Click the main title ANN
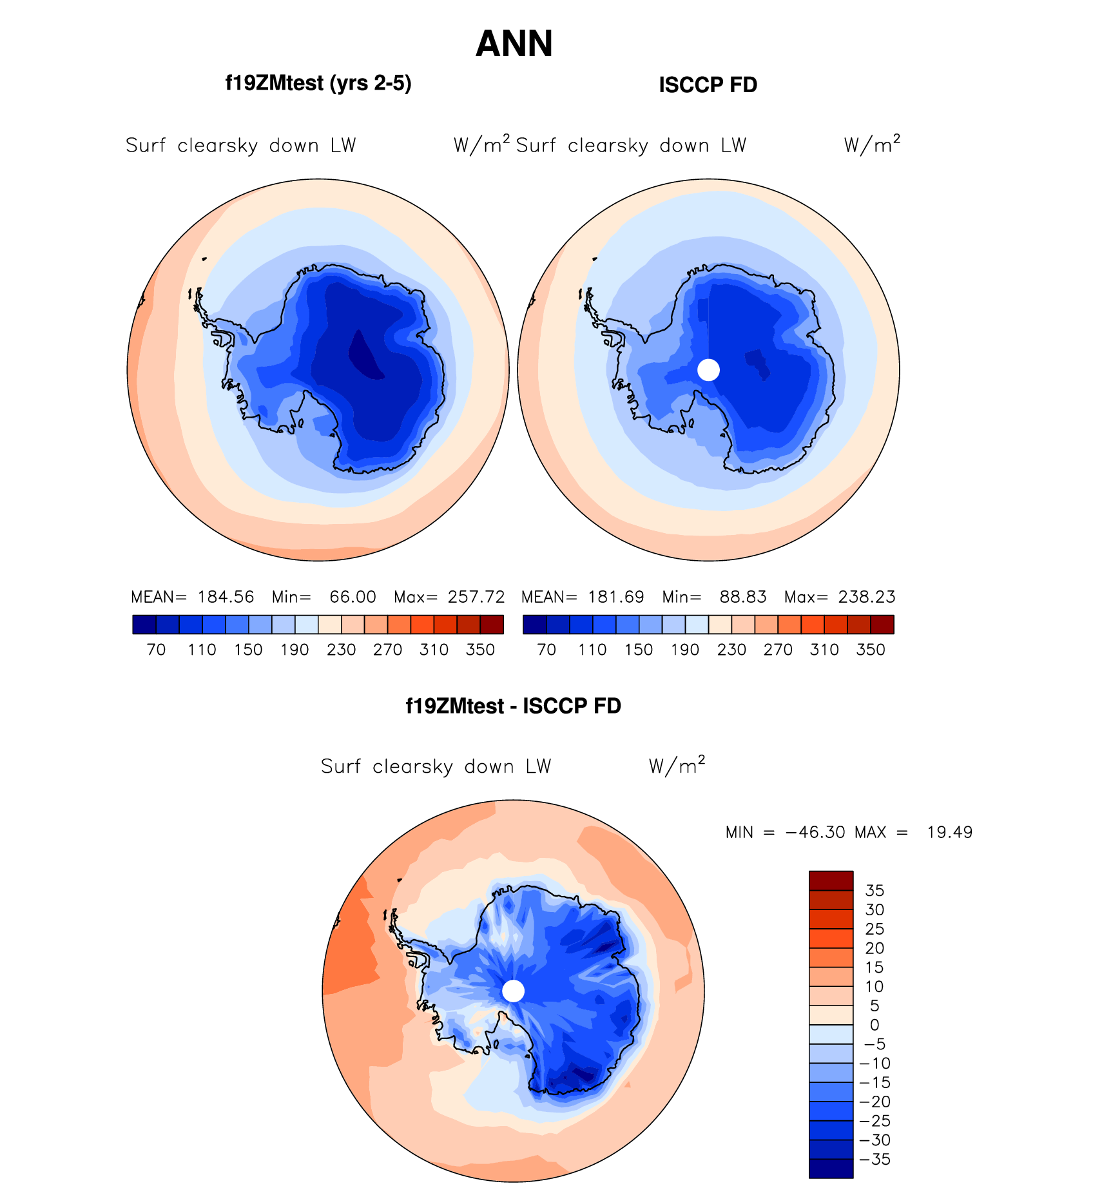click(514, 44)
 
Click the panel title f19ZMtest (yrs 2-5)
click(318, 84)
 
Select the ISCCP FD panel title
click(708, 85)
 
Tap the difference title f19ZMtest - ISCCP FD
click(513, 706)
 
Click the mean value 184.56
click(226, 597)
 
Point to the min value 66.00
click(353, 597)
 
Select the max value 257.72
click(476, 597)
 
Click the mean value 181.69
click(616, 597)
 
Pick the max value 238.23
click(867, 597)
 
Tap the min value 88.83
click(743, 597)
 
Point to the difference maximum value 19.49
click(949, 833)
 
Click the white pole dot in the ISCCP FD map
click(708, 370)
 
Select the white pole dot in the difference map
click(513, 991)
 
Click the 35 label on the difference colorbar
click(875, 891)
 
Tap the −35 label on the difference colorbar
click(875, 1160)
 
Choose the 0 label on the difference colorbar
click(875, 1025)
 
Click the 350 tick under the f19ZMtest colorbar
click(480, 650)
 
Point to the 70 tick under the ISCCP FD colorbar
click(546, 650)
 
